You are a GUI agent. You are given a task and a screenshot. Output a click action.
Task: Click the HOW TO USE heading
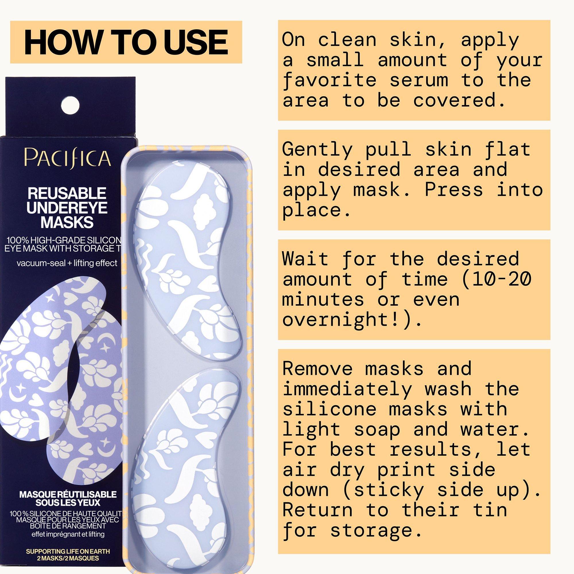tap(126, 42)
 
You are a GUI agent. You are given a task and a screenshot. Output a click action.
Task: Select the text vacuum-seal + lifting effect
tap(67, 263)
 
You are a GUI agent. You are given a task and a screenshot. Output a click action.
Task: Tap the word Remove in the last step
tap(317, 369)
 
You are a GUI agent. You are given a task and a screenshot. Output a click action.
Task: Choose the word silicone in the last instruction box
tap(329, 408)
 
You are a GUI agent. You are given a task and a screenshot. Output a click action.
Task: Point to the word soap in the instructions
tap(377, 429)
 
